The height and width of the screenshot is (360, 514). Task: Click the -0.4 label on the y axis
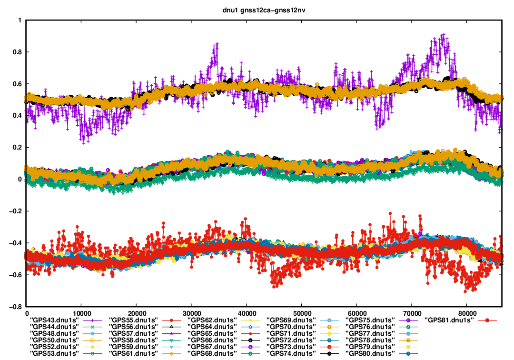pyautogui.click(x=17, y=243)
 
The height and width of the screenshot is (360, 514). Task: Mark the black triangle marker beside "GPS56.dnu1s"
pyautogui.click(x=171, y=327)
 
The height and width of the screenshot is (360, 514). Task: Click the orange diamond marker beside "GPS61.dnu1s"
pyautogui.click(x=171, y=354)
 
